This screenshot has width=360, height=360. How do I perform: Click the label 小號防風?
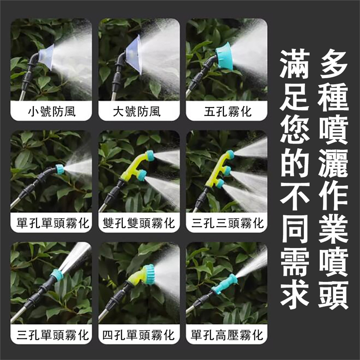pyautogui.click(x=52, y=112)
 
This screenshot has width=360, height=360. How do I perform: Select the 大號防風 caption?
pyautogui.click(x=137, y=112)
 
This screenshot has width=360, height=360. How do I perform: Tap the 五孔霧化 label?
pyautogui.click(x=228, y=112)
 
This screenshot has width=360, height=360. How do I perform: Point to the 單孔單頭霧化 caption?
pyautogui.click(x=53, y=223)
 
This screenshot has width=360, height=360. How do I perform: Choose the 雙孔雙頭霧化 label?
pyautogui.click(x=139, y=223)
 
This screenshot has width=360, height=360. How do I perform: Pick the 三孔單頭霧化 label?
pyautogui.click(x=53, y=335)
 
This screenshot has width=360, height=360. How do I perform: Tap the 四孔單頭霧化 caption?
pyautogui.click(x=139, y=335)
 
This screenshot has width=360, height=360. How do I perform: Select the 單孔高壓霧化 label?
pyautogui.click(x=227, y=335)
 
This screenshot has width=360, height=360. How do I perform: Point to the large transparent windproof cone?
pyautogui.click(x=133, y=55)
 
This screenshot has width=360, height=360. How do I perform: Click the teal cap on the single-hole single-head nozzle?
pyautogui.click(x=60, y=169)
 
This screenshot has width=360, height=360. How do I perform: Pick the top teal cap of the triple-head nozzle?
pyautogui.click(x=229, y=154)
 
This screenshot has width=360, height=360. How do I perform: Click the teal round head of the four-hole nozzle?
pyautogui.click(x=149, y=274)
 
